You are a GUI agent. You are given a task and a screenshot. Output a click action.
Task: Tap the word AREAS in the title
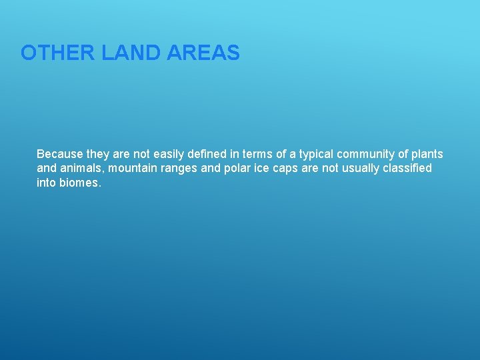203,53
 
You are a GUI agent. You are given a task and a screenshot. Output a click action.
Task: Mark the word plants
427,154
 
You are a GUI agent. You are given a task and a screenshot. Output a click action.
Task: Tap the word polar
237,168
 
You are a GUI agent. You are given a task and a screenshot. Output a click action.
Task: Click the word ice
262,168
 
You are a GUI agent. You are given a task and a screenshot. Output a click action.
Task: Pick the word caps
285,168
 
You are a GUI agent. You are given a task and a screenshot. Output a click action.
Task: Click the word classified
407,168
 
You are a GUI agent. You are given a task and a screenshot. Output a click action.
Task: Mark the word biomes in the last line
80,182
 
